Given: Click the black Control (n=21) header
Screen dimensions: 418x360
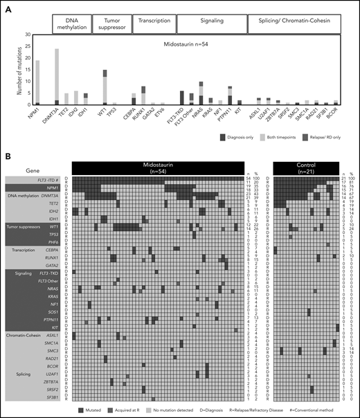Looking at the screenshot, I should (x=306, y=168).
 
